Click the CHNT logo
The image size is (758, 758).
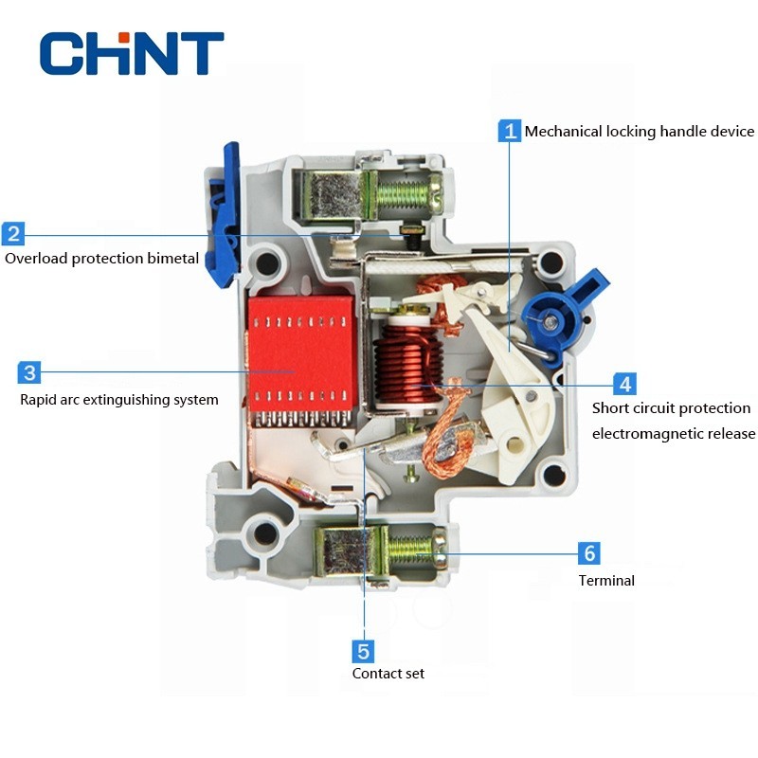pyautogui.click(x=132, y=53)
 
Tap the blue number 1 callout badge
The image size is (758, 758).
pyautogui.click(x=510, y=131)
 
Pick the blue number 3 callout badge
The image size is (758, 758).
pyautogui.click(x=29, y=372)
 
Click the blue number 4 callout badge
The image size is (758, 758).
pyautogui.click(x=623, y=384)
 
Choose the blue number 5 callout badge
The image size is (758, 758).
pyautogui.click(x=363, y=651)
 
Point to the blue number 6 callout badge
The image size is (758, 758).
pyautogui.click(x=588, y=553)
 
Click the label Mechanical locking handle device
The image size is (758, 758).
pyautogui.click(x=640, y=132)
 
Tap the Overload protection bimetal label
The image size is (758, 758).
pyautogui.click(x=101, y=259)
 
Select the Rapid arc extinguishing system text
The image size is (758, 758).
pyautogui.click(x=119, y=400)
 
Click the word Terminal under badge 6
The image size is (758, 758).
pyautogui.click(x=606, y=580)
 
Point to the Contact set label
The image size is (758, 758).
pyautogui.click(x=388, y=674)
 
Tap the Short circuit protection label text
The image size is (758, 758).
pyautogui.click(x=671, y=408)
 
